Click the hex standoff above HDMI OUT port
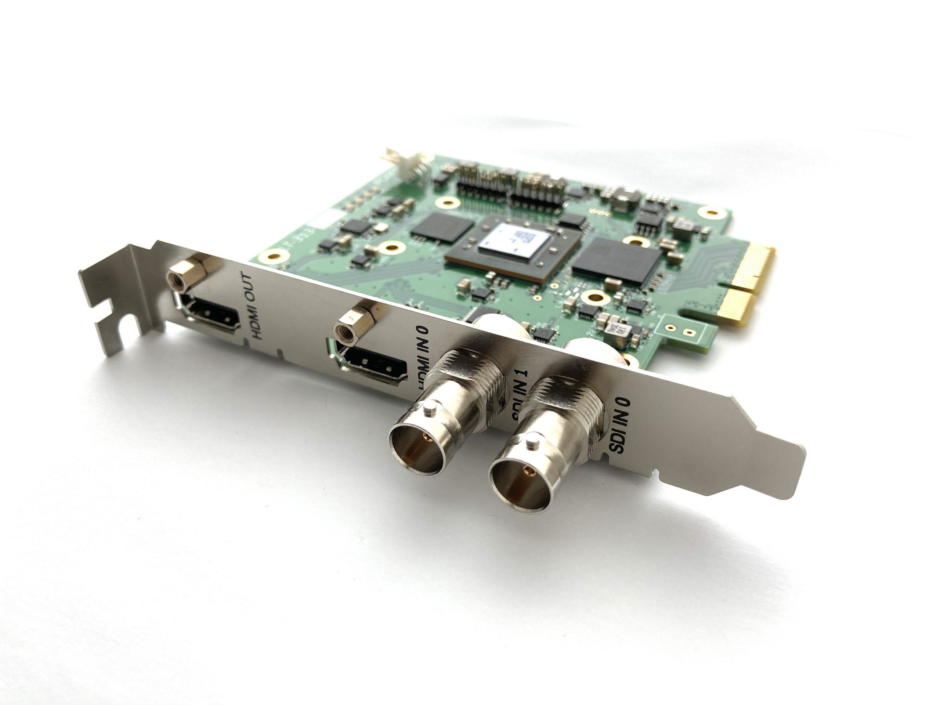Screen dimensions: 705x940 tap(187, 272)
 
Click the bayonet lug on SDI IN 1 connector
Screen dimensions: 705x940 tap(431, 408)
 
